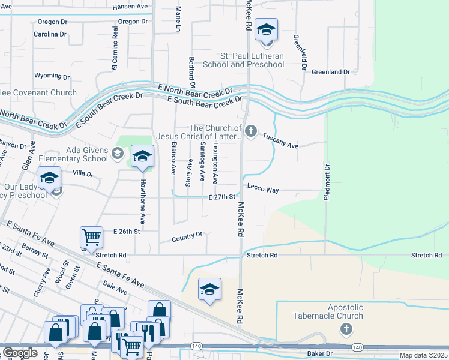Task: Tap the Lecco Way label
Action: tap(263, 190)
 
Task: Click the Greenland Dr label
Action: tap(330, 72)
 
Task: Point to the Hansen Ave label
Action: tap(130, 7)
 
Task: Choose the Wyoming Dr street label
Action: tap(52, 77)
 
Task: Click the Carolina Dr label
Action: tap(50, 34)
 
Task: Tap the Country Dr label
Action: tap(187, 238)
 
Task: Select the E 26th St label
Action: tap(126, 231)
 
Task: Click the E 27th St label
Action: tap(221, 197)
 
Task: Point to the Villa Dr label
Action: tap(83, 174)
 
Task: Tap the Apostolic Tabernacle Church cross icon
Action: tap(346, 329)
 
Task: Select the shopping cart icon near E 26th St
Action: tap(91, 236)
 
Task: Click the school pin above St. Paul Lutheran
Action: tap(265, 29)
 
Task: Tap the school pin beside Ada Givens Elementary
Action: tap(142, 157)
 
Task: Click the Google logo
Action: tap(19, 353)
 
